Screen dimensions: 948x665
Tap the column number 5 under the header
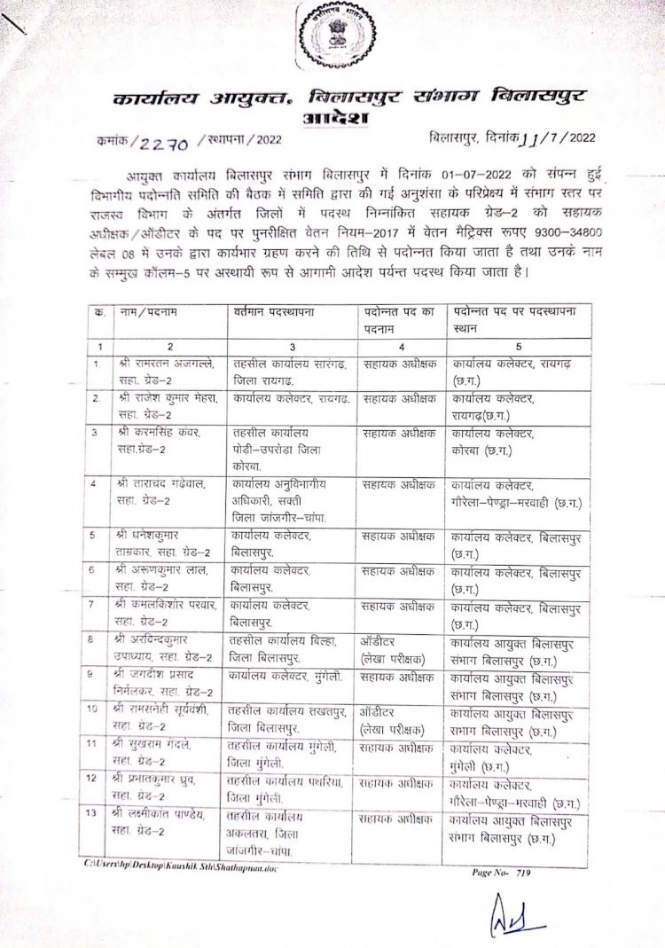[518, 346]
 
